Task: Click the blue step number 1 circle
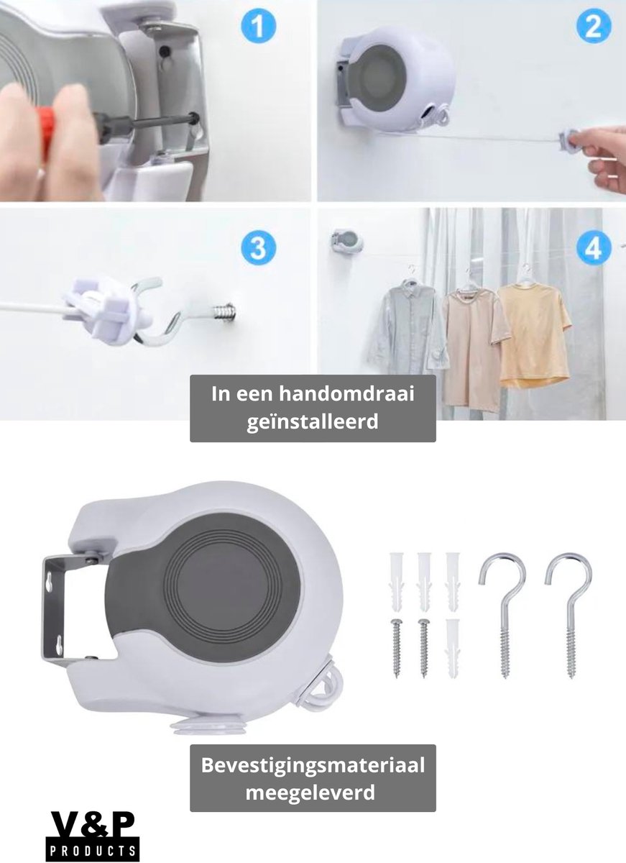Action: [x=258, y=26]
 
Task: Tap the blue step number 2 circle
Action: [x=594, y=26]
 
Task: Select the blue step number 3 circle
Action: [x=258, y=247]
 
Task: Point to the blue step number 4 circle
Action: [x=594, y=247]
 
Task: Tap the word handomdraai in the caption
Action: [x=346, y=394]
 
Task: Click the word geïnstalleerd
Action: [x=313, y=422]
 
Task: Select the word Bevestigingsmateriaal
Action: [x=313, y=764]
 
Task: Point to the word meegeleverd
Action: [x=310, y=793]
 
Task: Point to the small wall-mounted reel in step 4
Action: [x=346, y=241]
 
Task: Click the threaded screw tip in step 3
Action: [x=225, y=311]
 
